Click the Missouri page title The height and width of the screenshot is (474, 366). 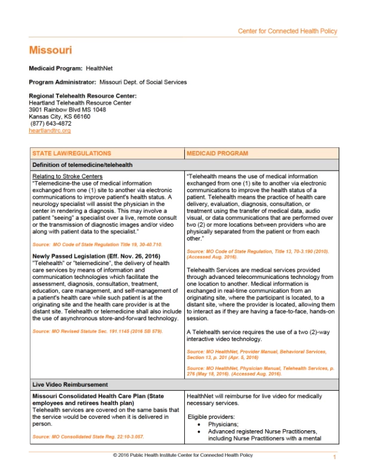[50, 50]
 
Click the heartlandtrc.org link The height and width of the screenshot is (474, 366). [50, 130]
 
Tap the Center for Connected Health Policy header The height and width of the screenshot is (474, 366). [287, 31]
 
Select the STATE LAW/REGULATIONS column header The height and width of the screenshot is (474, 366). [72, 153]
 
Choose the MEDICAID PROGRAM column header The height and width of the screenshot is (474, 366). [217, 153]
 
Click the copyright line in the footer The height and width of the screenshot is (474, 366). [183, 455]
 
